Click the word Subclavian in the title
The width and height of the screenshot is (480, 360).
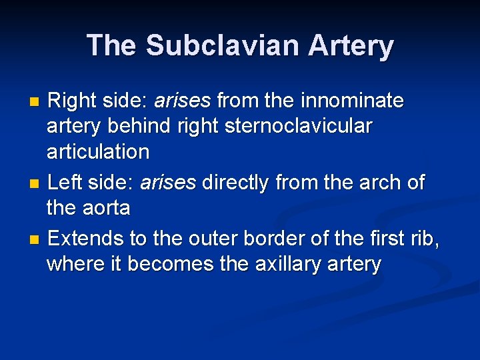click(x=219, y=45)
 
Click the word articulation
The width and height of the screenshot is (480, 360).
click(x=98, y=151)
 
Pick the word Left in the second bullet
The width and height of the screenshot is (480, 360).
click(x=64, y=182)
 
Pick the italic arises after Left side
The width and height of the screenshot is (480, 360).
click(x=168, y=182)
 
